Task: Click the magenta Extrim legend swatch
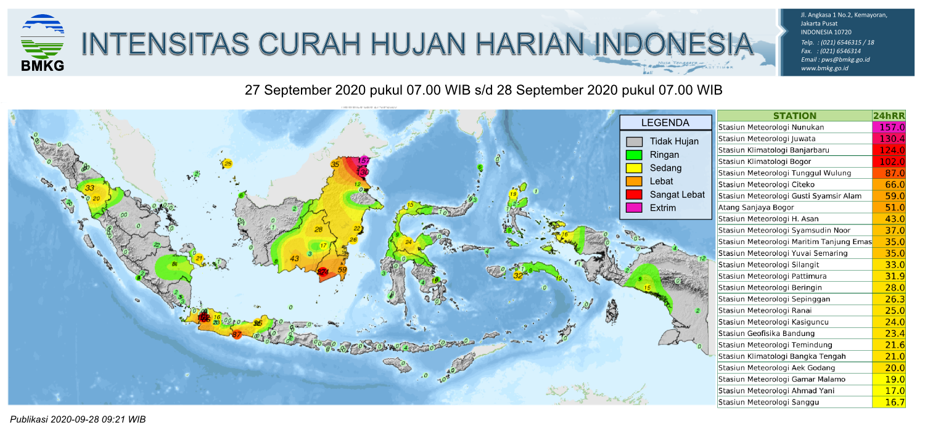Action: tap(635, 208)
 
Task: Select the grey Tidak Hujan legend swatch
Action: tap(635, 142)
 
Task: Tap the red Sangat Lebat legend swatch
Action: tap(635, 195)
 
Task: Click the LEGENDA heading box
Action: tap(665, 123)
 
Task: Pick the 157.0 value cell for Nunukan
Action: tap(889, 127)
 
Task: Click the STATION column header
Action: tap(794, 115)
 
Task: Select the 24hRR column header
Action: tap(889, 115)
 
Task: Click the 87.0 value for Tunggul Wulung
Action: tap(889, 173)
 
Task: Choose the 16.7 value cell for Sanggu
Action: tap(889, 403)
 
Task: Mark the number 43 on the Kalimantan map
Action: tap(295, 258)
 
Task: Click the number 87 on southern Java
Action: tap(236, 335)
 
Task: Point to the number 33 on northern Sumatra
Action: tap(90, 188)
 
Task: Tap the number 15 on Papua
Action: tap(647, 288)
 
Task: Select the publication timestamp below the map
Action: tap(78, 420)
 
